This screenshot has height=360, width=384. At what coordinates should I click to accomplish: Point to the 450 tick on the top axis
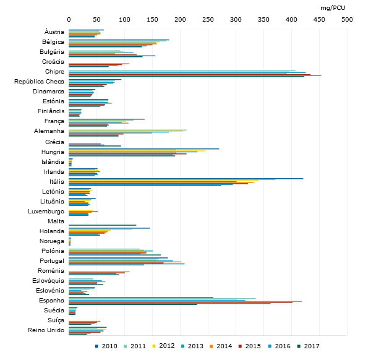319,20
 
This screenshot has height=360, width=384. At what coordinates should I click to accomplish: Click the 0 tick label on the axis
69,20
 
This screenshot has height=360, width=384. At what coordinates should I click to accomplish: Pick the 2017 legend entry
318,346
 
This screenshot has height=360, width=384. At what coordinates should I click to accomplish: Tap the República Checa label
39,82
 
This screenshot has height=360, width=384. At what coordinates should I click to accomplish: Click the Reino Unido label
46,330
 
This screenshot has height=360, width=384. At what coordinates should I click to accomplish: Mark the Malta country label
56,221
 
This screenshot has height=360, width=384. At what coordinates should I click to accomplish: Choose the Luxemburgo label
46,211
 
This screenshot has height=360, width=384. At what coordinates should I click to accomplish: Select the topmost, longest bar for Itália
186,178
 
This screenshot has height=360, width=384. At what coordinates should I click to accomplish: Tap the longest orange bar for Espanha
185,301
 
